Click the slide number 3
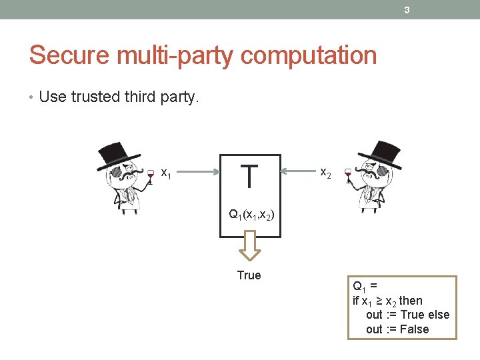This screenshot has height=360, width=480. [x=406, y=9]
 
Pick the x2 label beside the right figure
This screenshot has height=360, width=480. [x=326, y=173]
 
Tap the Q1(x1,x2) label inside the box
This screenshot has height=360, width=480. [x=251, y=215]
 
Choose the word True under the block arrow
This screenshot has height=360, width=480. [x=249, y=275]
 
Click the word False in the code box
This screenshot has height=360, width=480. [x=415, y=329]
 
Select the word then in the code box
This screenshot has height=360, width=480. [x=411, y=301]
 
